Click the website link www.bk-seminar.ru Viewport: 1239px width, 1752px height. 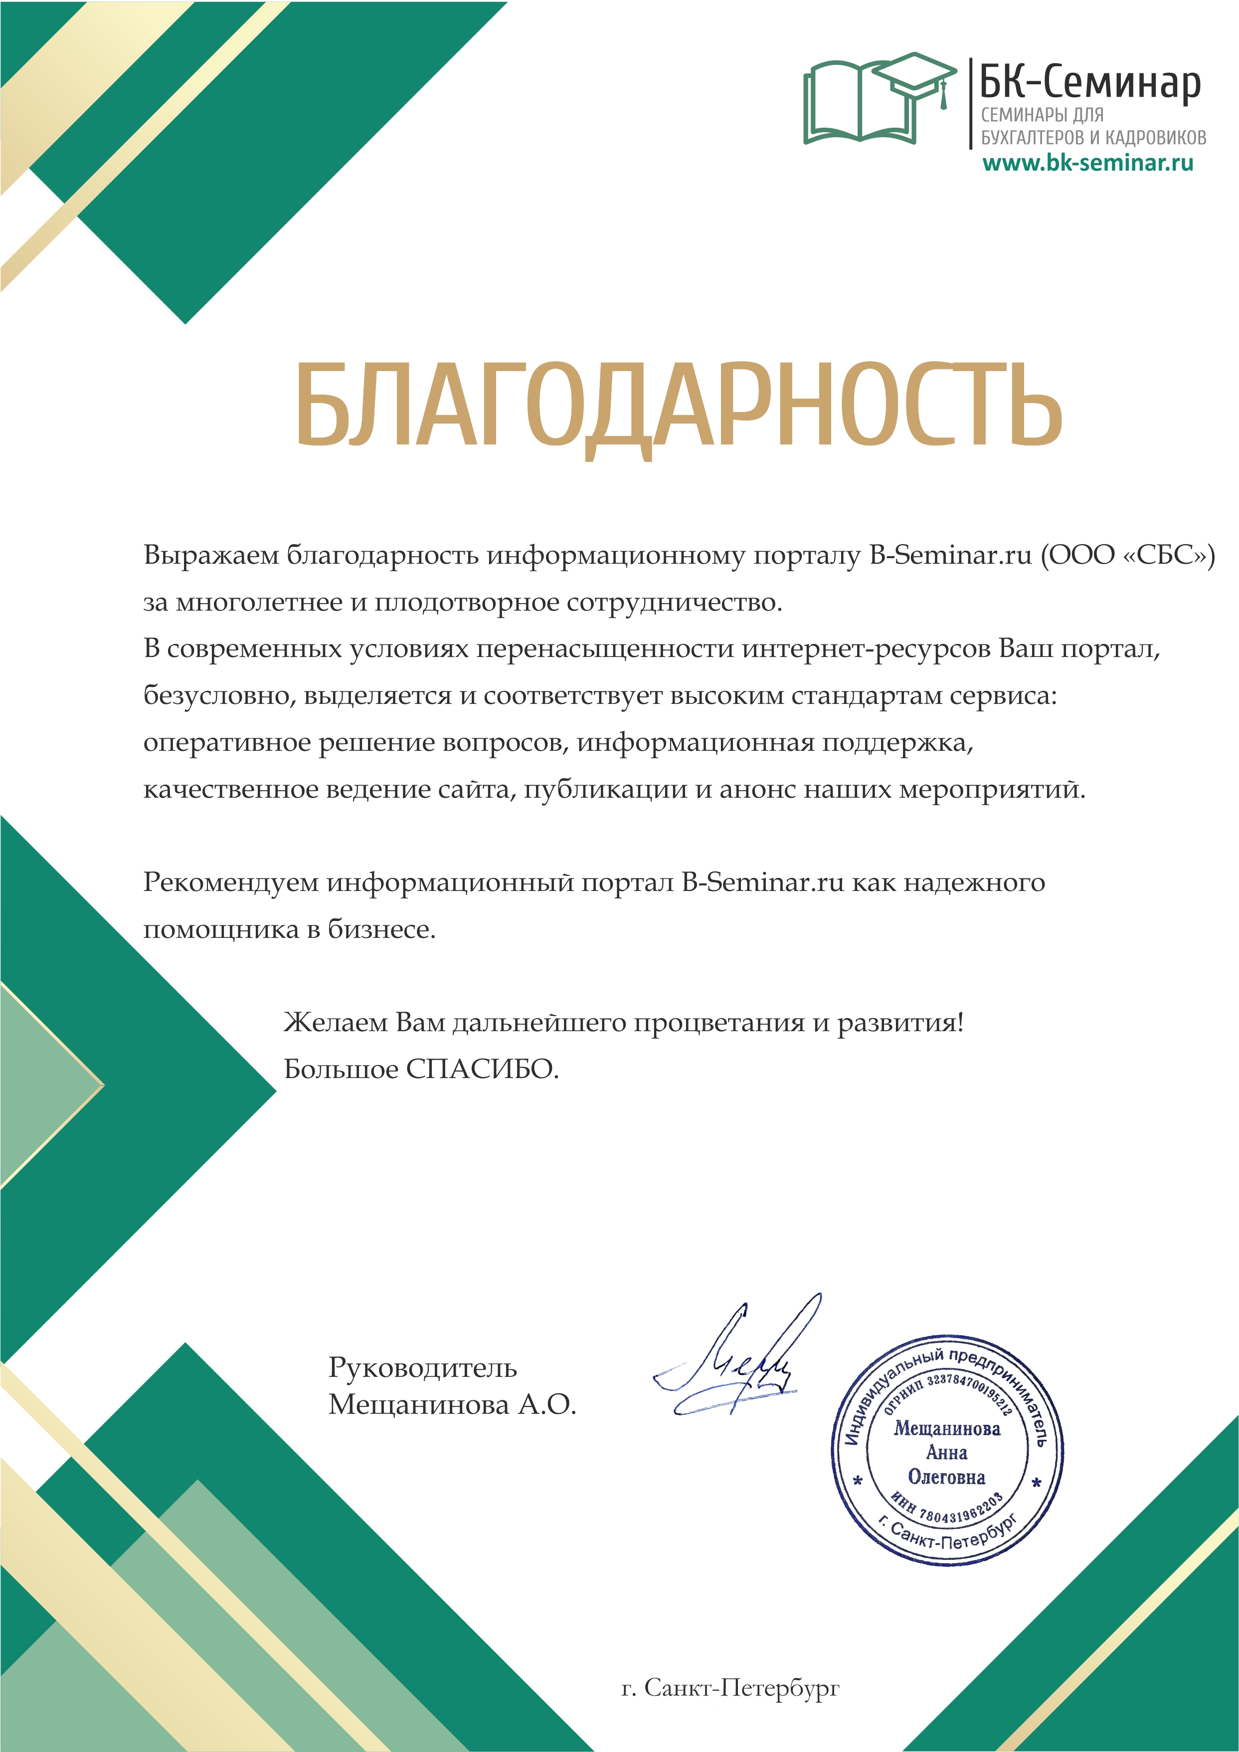(x=1087, y=163)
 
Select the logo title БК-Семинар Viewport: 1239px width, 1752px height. (x=1089, y=82)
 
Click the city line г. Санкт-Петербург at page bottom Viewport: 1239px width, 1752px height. (x=730, y=1688)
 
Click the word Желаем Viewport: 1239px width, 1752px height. (x=335, y=1022)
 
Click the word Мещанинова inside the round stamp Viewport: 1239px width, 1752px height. (x=947, y=1428)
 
